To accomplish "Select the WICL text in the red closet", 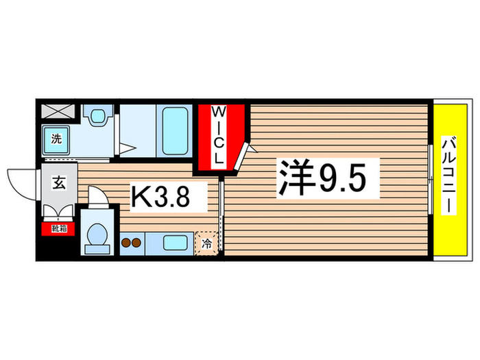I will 217,135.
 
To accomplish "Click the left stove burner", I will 126,242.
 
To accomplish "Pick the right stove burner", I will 138,242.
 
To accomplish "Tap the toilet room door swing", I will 98,198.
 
